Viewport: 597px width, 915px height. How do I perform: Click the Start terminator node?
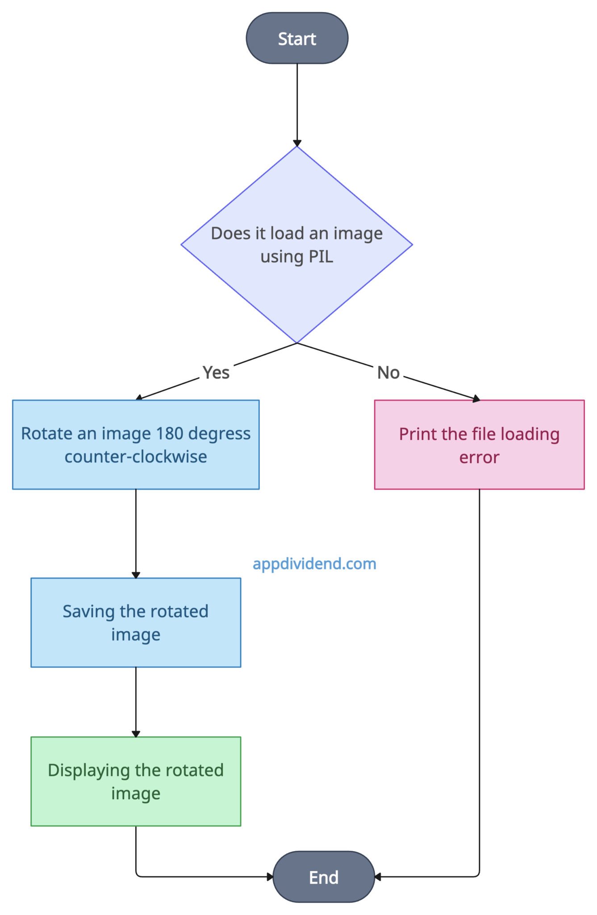coord(297,38)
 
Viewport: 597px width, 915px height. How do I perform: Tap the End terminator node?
coord(323,877)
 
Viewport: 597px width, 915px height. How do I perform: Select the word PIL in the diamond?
coord(321,257)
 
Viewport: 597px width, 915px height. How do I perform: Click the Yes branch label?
coord(216,372)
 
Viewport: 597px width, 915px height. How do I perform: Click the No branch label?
coord(388,372)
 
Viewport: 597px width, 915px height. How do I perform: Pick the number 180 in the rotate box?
coord(169,433)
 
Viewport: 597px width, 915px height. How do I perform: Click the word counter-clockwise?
coord(136,457)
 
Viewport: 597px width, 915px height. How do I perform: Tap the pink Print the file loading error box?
coord(479,445)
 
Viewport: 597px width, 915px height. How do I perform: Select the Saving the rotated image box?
coord(136,622)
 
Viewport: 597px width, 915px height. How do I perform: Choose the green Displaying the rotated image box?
coord(136,781)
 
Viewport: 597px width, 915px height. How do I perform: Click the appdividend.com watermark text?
coord(314,564)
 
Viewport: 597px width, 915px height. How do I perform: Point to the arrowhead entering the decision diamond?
coord(297,143)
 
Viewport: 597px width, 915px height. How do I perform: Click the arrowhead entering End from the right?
coord(378,877)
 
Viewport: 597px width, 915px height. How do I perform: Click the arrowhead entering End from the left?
coord(270,877)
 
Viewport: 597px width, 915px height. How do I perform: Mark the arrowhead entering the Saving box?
coord(136,575)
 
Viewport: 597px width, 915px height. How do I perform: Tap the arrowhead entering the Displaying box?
coord(136,734)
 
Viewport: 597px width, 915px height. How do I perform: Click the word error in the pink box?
coord(479,457)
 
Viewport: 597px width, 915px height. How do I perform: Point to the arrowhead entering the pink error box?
coord(476,399)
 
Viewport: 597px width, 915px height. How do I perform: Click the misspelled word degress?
coord(219,433)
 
